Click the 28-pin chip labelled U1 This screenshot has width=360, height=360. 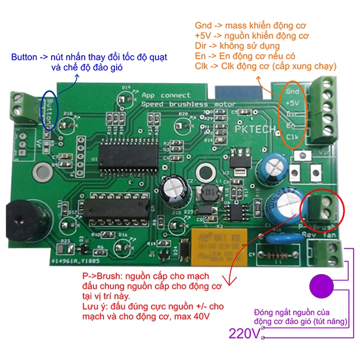click(128, 153)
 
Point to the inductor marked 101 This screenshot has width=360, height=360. click(208, 191)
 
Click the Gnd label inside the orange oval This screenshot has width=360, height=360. click(293, 91)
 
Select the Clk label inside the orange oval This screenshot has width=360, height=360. click(293, 136)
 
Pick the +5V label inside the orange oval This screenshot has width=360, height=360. click(292, 102)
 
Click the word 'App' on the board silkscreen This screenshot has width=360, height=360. click(149, 95)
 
